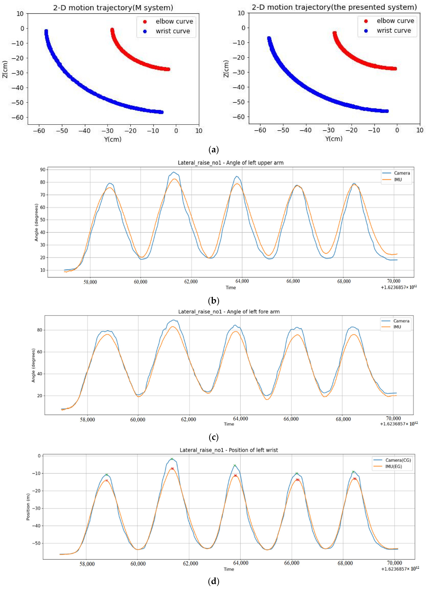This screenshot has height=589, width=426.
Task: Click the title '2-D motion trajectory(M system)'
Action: coord(113,8)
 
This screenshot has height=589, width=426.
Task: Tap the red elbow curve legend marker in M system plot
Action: coord(145,22)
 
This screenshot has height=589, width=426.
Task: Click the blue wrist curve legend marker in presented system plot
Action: coord(366,31)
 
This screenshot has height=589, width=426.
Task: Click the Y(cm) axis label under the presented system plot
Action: coord(334,139)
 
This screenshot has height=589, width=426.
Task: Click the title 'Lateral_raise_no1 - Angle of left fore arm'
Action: coord(229,312)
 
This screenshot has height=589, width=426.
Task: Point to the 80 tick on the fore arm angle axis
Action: coord(39,330)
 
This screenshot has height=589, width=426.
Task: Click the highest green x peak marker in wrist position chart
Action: coord(172,459)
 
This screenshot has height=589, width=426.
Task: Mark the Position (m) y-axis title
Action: coord(28,507)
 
